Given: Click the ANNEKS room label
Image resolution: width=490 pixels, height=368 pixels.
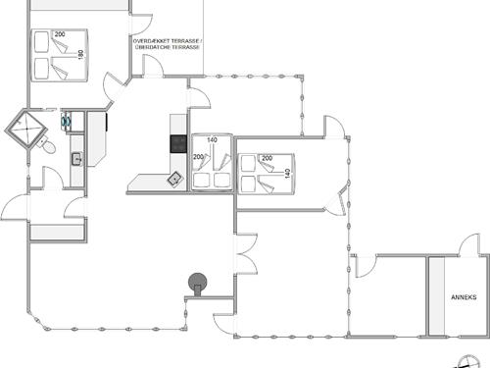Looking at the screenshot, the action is pyautogui.click(x=464, y=297).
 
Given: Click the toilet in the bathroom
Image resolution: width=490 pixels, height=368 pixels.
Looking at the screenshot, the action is pyautogui.click(x=48, y=146).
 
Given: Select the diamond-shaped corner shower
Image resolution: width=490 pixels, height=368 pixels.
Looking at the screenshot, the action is pyautogui.click(x=26, y=130).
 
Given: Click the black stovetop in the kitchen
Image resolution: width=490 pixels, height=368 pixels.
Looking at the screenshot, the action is pyautogui.click(x=178, y=144).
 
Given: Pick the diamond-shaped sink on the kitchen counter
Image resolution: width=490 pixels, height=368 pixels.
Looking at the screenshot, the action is pyautogui.click(x=175, y=179).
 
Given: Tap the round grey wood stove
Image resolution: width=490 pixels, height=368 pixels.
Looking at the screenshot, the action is pyautogui.click(x=198, y=283).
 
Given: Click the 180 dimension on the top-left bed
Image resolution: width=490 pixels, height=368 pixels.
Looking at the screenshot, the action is pyautogui.click(x=81, y=54).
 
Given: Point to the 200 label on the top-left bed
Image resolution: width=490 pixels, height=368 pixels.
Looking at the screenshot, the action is pyautogui.click(x=60, y=34).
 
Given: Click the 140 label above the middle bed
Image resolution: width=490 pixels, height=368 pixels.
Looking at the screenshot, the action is pyautogui.click(x=212, y=140).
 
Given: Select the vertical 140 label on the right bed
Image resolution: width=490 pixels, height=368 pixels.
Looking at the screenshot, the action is pyautogui.click(x=287, y=174).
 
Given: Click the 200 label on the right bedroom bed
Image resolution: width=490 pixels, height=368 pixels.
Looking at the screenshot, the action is pyautogui.click(x=267, y=158).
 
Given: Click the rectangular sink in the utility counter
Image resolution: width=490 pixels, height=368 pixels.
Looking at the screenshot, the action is pyautogui.click(x=76, y=160).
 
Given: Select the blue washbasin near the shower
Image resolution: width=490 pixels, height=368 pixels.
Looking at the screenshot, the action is pyautogui.click(x=67, y=121).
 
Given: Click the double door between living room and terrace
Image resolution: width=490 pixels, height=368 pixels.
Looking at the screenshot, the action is pyautogui.click(x=246, y=253).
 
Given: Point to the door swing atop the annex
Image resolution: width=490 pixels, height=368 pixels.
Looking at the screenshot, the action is pyautogui.click(x=469, y=244).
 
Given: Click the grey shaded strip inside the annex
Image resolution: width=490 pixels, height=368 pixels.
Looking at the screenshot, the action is pyautogui.click(x=437, y=295).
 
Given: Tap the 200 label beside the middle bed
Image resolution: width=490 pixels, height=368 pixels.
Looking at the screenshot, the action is pyautogui.click(x=198, y=157).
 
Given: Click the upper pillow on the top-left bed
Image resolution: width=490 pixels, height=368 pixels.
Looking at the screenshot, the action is pyautogui.click(x=41, y=41).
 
